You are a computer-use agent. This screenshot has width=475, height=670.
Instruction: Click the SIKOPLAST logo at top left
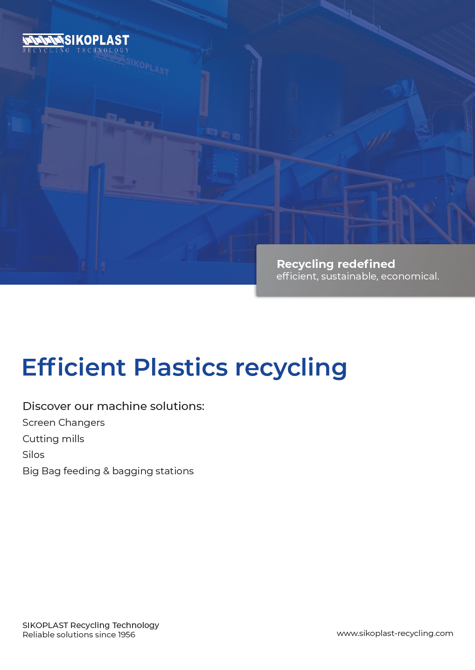[76, 43]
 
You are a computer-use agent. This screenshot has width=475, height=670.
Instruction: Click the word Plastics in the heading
[181, 367]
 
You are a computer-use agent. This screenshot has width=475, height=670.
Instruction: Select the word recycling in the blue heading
[291, 369]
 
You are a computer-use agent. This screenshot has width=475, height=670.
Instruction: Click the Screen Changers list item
[63, 423]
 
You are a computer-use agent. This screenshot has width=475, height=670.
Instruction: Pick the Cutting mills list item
[53, 439]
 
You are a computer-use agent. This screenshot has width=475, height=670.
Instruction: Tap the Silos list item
[34, 455]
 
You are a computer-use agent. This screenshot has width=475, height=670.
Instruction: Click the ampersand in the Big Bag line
[106, 471]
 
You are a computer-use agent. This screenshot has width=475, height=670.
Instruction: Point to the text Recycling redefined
[336, 264]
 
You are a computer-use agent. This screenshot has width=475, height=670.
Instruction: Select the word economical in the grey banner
[410, 276]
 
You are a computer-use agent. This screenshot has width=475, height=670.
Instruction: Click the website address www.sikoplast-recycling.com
[395, 634]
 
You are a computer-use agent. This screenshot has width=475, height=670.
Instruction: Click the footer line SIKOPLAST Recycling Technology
[91, 625]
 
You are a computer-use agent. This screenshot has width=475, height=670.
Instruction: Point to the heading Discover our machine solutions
[113, 406]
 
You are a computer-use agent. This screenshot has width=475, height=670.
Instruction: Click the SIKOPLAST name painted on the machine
[147, 67]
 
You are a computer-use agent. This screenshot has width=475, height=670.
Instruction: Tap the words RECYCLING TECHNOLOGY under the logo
[76, 50]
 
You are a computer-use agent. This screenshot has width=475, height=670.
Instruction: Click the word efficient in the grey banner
[297, 276]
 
